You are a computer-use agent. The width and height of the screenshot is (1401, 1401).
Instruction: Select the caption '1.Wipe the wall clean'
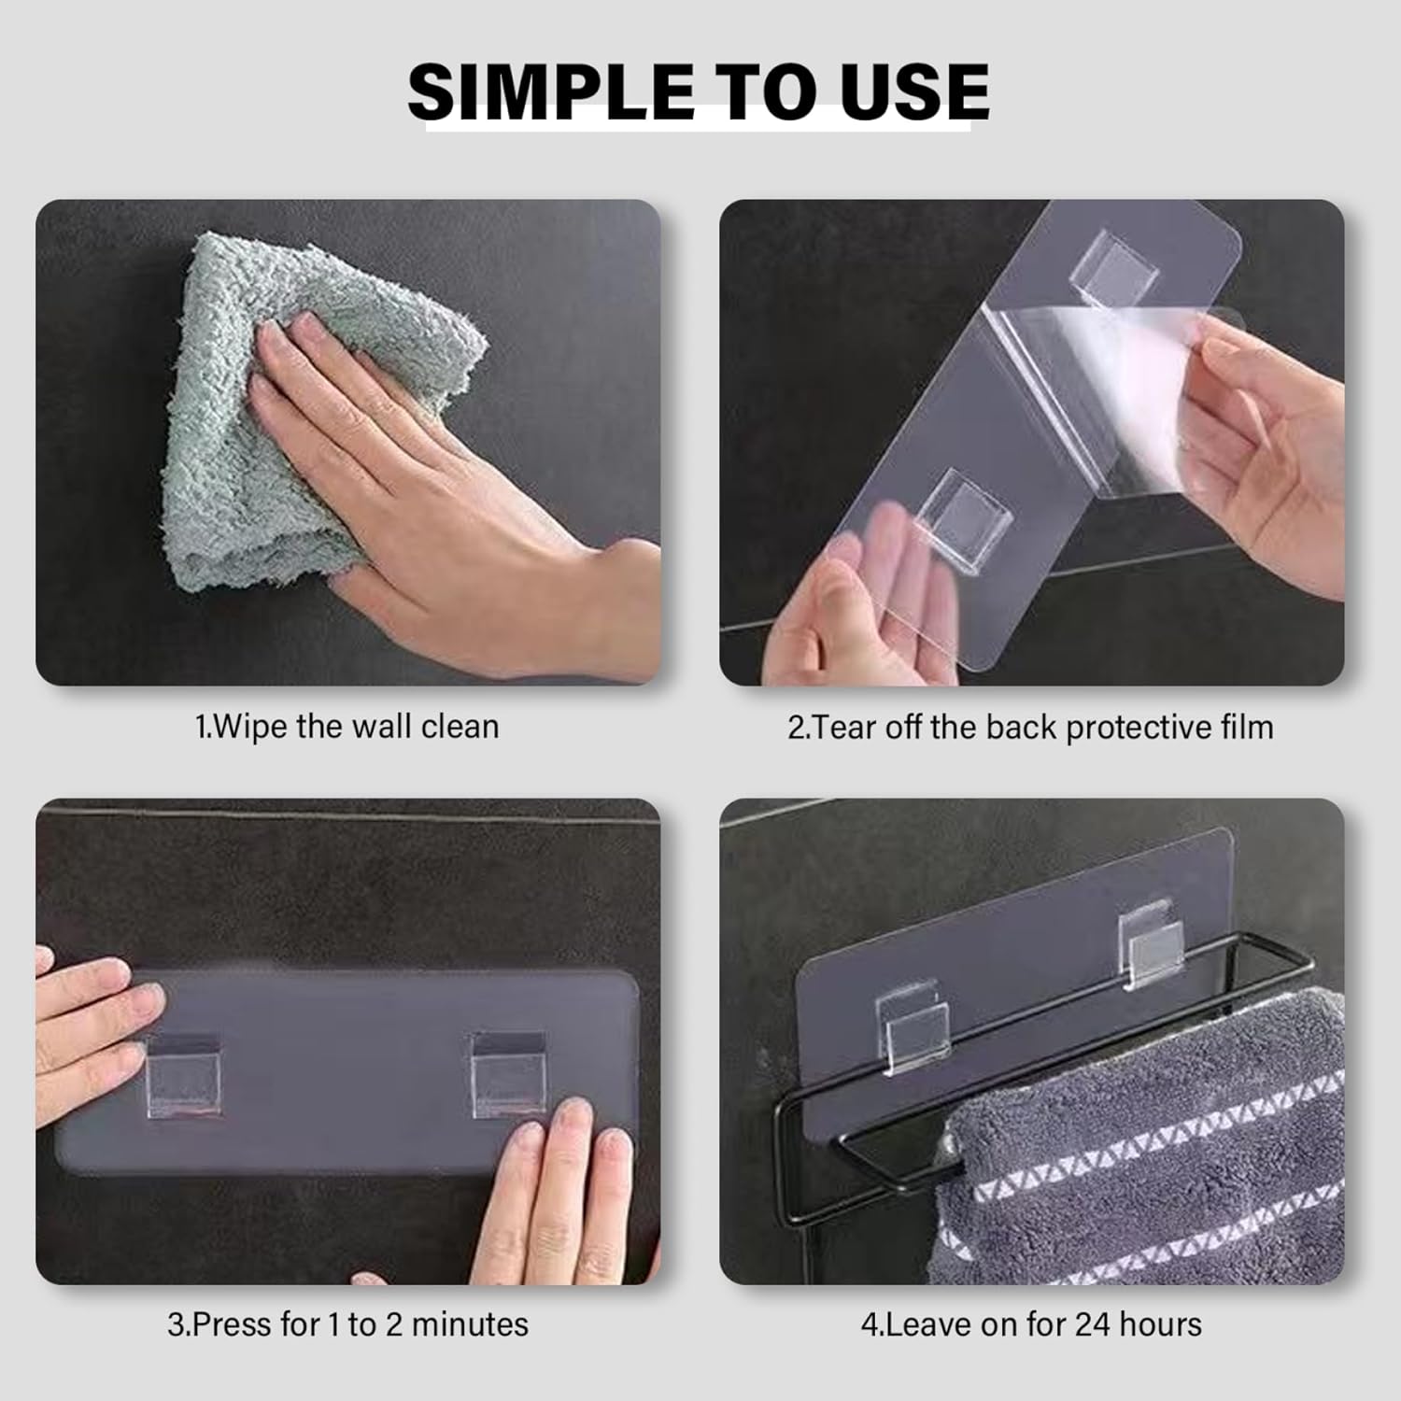pyautogui.click(x=347, y=727)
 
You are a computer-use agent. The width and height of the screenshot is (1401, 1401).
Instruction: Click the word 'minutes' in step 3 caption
pyautogui.click(x=470, y=1324)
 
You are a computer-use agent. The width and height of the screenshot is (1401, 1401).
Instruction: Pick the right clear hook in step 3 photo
pyautogui.click(x=508, y=1074)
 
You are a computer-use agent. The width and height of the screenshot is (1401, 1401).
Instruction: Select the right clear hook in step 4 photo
pyautogui.click(x=1146, y=944)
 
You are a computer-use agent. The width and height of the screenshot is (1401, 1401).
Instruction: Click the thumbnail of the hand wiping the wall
pyautogui.click(x=348, y=443)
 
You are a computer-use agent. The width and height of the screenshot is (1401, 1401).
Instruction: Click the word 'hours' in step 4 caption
pyautogui.click(x=1159, y=1324)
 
